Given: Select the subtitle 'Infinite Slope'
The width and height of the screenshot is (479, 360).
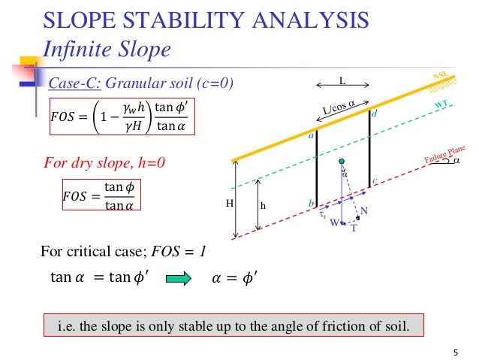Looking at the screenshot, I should pos(107,50).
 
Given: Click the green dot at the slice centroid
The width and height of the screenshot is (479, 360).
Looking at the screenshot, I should pos(341,162).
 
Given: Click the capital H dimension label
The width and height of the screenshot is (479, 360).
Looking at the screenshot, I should pos(230,203).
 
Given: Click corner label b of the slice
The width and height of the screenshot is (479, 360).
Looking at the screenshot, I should pos(310,204).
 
